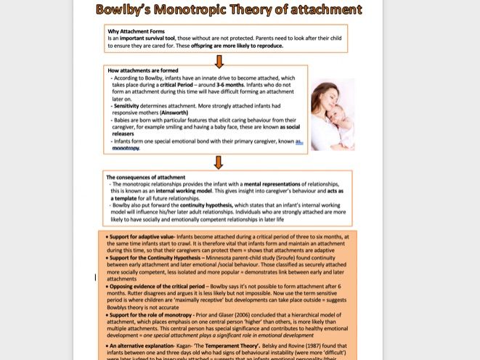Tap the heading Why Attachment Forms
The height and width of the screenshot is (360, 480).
point(137,31)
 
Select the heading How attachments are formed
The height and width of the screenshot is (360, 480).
point(143,70)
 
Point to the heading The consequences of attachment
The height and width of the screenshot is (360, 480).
point(146,177)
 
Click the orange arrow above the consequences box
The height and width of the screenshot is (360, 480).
point(219,162)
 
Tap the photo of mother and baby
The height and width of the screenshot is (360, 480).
point(333,114)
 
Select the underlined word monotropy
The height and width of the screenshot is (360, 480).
point(126,148)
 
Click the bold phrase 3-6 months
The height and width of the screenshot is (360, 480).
point(230,85)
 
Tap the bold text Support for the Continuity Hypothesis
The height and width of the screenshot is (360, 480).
point(155,258)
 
